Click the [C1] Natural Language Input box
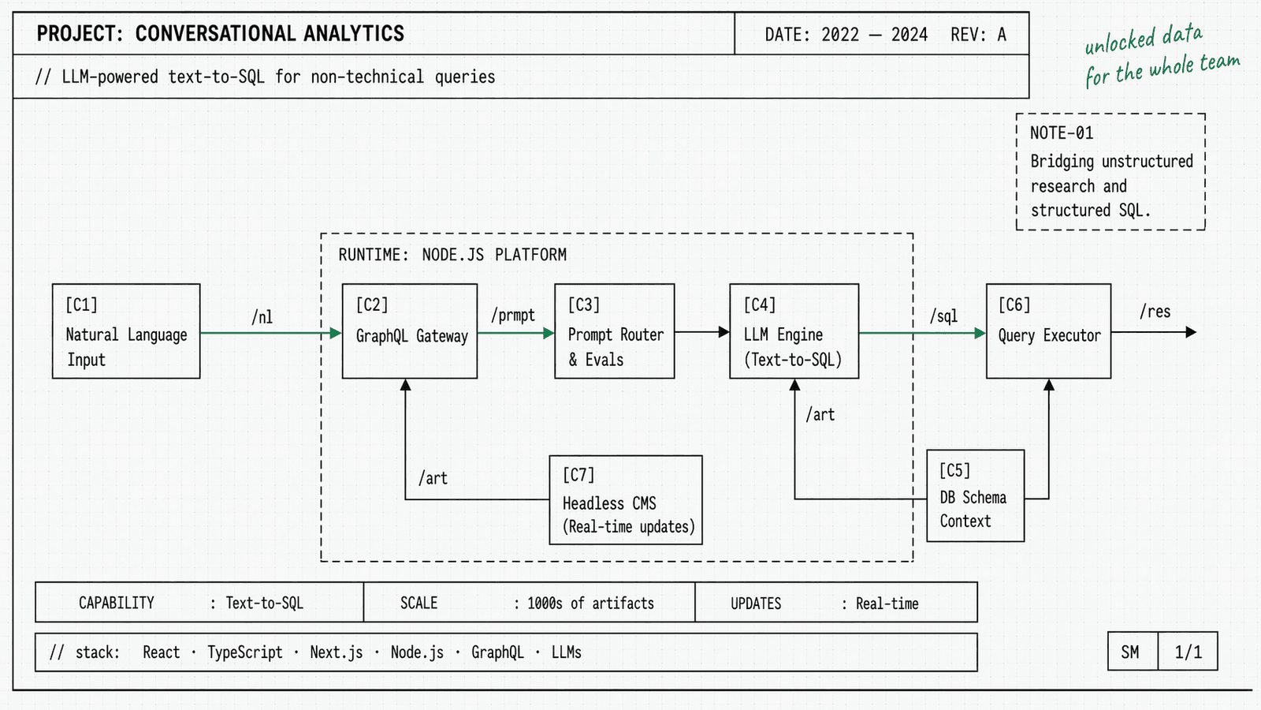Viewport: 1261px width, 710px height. click(126, 331)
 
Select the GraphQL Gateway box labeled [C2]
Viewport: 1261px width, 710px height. click(410, 331)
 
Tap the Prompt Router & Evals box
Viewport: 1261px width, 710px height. click(615, 331)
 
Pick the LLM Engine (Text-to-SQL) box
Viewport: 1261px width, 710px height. click(794, 331)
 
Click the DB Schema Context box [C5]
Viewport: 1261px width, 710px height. click(976, 495)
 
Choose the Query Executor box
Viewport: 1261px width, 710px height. click(1048, 331)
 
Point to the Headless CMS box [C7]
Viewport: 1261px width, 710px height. click(626, 500)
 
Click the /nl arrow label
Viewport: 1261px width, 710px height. click(262, 317)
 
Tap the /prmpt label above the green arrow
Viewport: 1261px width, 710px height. click(513, 316)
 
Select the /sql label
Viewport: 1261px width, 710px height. click(943, 316)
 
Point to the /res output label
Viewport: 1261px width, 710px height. click(1155, 312)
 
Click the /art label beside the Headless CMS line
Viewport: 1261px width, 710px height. click(433, 478)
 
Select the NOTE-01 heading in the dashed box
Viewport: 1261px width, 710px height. click(1062, 133)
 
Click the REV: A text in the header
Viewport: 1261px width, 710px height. click(978, 35)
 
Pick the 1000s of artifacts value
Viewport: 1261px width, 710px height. click(590, 603)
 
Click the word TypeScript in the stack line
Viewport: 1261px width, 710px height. click(244, 652)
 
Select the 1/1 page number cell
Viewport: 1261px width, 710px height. click(1188, 652)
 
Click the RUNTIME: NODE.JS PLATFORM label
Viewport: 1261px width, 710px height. click(452, 255)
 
